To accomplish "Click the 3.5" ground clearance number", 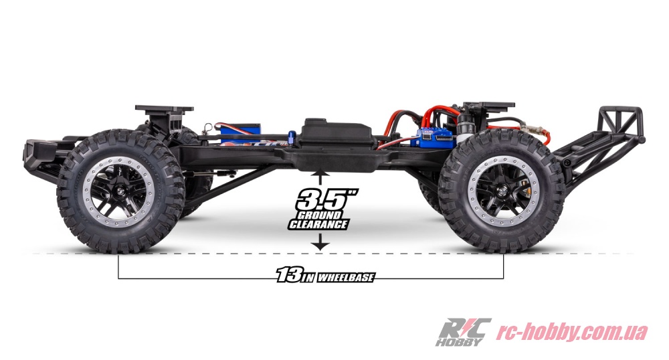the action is (327, 199).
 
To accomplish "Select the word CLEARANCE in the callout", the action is (318, 224).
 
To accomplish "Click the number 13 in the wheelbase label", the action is (289, 274).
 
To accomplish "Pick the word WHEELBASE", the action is (346, 278).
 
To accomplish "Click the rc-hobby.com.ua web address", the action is (572, 333).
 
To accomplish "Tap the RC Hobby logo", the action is (463, 332).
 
